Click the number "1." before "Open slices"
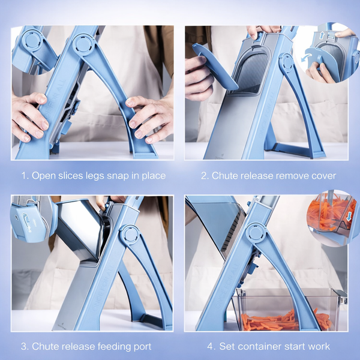click(25, 176)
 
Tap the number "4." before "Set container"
click(211, 346)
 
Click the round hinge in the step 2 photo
click(287, 62)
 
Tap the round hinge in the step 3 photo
click(130, 235)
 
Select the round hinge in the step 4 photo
click(256, 233)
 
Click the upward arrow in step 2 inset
click(322, 35)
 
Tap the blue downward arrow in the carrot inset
click(349, 217)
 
